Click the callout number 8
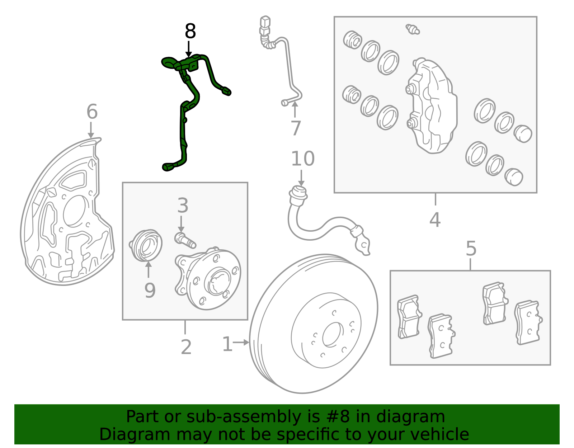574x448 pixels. pyautogui.click(x=190, y=31)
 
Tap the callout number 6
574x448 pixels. pyautogui.click(x=92, y=112)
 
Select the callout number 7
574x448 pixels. pyautogui.click(x=296, y=128)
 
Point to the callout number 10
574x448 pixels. pyautogui.click(x=303, y=159)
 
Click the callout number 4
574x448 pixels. pyautogui.click(x=435, y=220)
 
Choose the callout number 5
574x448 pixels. pyautogui.click(x=471, y=249)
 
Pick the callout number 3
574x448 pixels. pyautogui.click(x=183, y=205)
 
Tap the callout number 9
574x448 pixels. pyautogui.click(x=150, y=290)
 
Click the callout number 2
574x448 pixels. pyautogui.click(x=186, y=347)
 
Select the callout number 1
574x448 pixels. pyautogui.click(x=227, y=344)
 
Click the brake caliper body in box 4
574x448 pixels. pyautogui.click(x=431, y=105)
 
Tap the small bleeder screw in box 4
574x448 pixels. pyautogui.click(x=412, y=29)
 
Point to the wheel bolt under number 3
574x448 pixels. pyautogui.click(x=185, y=240)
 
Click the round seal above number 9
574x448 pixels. pyautogui.click(x=146, y=245)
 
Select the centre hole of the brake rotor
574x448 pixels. pyautogui.click(x=333, y=335)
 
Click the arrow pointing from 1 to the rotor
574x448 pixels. pyautogui.click(x=241, y=343)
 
